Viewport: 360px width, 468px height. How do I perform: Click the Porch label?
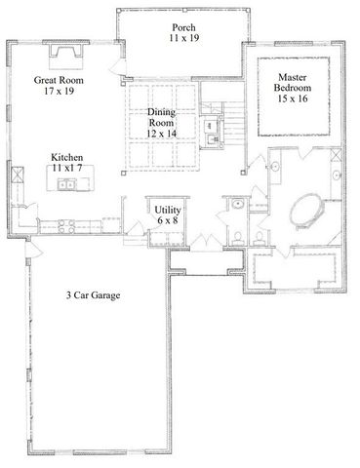[x=180, y=26]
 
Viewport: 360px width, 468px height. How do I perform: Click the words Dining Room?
[x=161, y=117]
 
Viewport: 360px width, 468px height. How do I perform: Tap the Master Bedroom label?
[x=293, y=83]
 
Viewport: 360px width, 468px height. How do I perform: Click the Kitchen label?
[x=68, y=157]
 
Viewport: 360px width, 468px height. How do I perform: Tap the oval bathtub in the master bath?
[x=306, y=211]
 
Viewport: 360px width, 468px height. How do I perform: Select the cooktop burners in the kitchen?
[x=68, y=227]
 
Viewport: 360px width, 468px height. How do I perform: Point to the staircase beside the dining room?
[x=228, y=122]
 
